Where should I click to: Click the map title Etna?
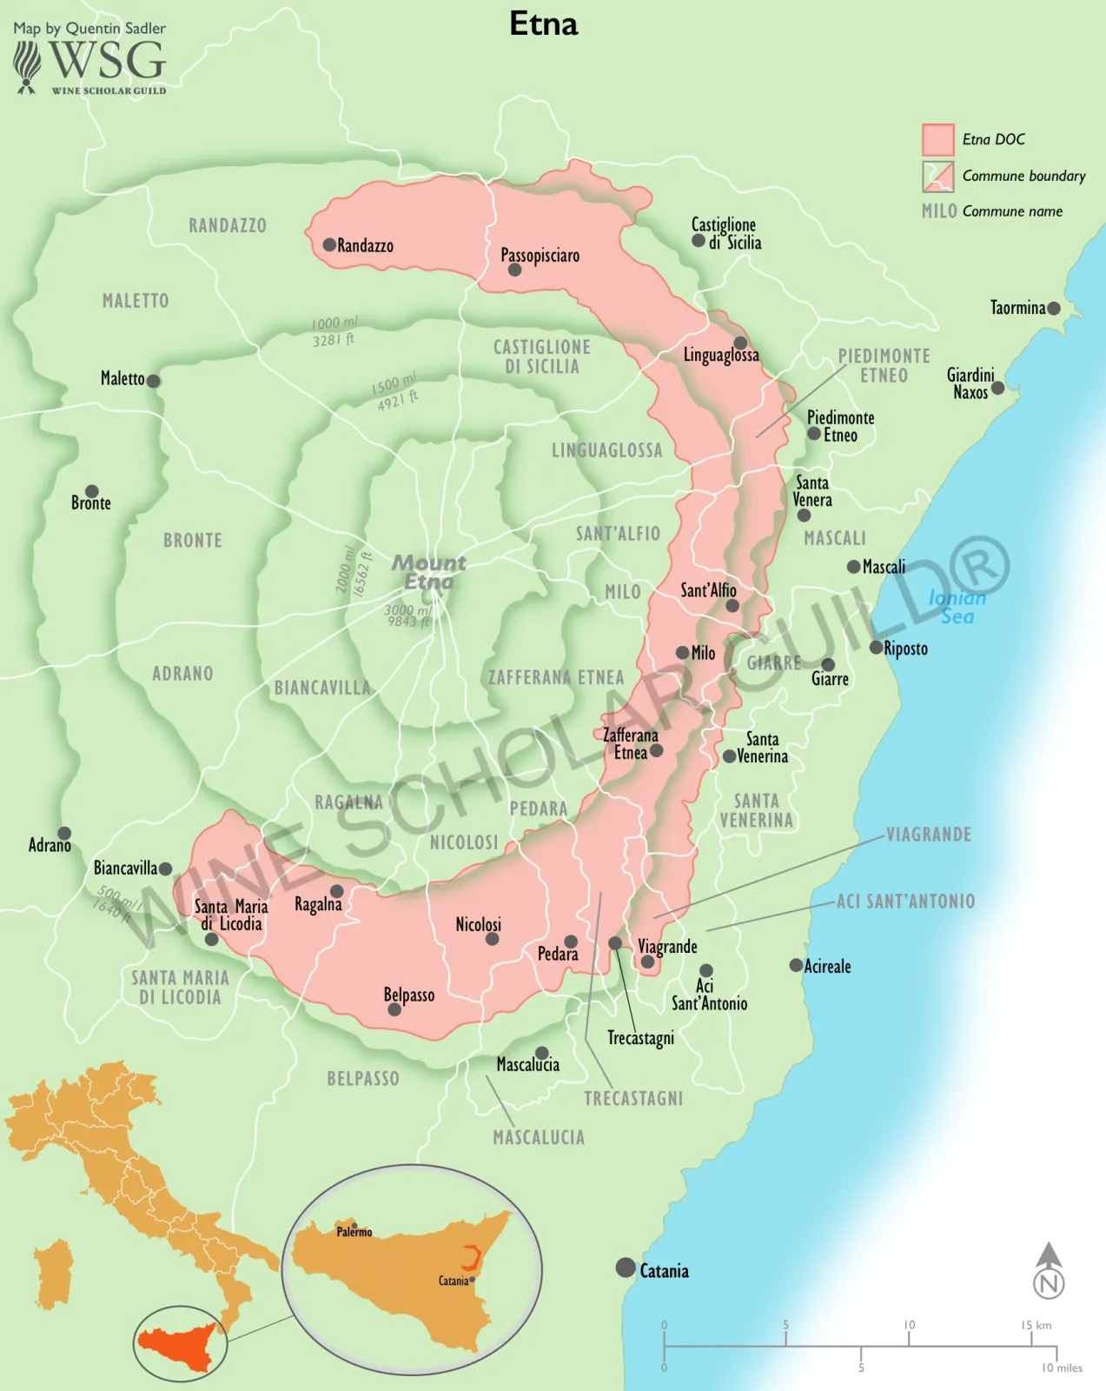click(x=543, y=23)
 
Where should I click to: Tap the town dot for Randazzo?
click(x=329, y=245)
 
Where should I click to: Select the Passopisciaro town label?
click(x=540, y=255)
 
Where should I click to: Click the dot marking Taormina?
click(x=1054, y=308)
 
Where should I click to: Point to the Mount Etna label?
click(x=428, y=572)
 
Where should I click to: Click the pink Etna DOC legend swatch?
click(x=938, y=140)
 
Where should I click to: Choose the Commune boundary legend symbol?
click(x=938, y=176)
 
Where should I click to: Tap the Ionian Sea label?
click(x=957, y=607)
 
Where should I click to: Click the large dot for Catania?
click(x=626, y=1268)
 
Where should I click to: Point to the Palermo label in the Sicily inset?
click(x=354, y=1232)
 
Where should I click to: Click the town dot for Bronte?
click(x=91, y=491)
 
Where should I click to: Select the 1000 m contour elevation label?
click(x=334, y=331)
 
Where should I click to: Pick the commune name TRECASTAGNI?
click(x=633, y=1099)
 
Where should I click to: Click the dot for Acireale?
click(x=796, y=965)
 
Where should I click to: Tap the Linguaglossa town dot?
click(x=740, y=343)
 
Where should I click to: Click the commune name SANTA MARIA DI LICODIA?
click(x=180, y=988)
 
